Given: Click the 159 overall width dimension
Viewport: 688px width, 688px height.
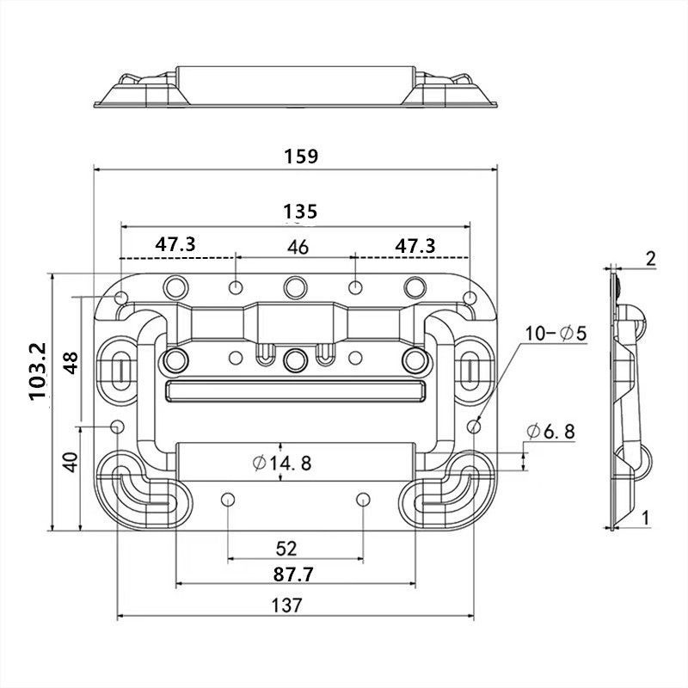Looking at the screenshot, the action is [x=301, y=157].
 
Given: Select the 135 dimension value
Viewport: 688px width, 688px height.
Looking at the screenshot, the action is [x=300, y=212].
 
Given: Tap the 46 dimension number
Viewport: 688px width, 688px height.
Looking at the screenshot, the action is [x=298, y=248].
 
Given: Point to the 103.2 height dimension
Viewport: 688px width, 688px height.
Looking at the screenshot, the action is [x=39, y=372].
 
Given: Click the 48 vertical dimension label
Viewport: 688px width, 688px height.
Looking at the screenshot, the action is [x=71, y=362].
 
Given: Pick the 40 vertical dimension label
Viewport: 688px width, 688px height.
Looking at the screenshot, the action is [x=71, y=463].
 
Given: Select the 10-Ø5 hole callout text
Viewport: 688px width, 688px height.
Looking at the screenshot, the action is [x=556, y=334].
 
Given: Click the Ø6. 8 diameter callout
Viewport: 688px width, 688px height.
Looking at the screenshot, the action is [x=550, y=432].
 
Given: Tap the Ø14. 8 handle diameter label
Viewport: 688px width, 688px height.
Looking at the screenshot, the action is [x=283, y=463].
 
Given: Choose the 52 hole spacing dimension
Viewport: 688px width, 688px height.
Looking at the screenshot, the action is [x=286, y=549].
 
